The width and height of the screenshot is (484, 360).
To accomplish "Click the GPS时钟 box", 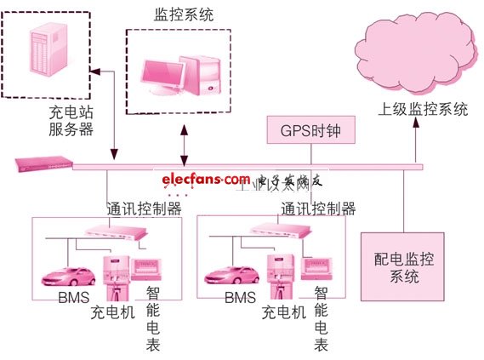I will (x=310, y=131).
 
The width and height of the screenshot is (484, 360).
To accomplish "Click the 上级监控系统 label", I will (x=423, y=110).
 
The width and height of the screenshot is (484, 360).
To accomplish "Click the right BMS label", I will (x=241, y=299).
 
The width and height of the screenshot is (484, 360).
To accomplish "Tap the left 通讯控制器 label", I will (x=144, y=208).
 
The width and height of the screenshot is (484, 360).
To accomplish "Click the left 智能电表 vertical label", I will (x=152, y=317).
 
